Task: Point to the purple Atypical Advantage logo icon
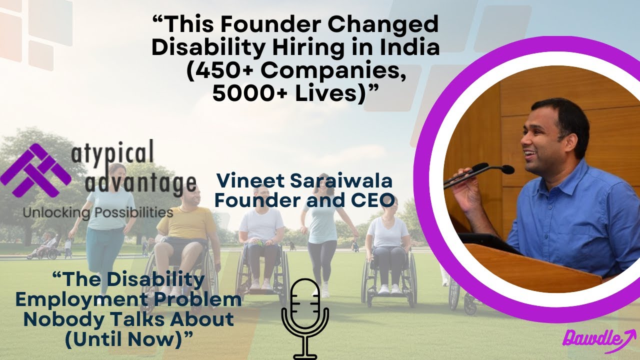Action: pos(35,170)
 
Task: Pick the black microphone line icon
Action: pos(305,317)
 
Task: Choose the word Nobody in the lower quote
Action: pos(60,319)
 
